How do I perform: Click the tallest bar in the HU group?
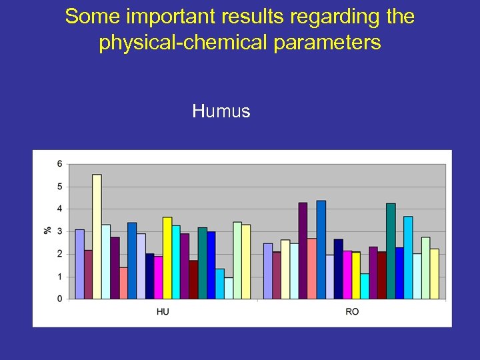pos(97,237)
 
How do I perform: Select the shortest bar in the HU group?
pos(229,288)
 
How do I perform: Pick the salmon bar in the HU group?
pos(123,283)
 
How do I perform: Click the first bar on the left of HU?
pos(79,264)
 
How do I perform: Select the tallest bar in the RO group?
pos(321,249)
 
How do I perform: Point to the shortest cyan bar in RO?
pos(365,286)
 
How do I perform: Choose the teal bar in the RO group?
pos(391,251)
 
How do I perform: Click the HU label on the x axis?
pos(163,312)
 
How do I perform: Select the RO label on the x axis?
pos(351,312)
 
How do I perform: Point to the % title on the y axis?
pos(47,230)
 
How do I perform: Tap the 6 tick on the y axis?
pos(60,164)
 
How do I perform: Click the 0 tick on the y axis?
pos(60,299)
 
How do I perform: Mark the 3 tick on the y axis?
pos(60,231)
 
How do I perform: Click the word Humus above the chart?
pos(221,111)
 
